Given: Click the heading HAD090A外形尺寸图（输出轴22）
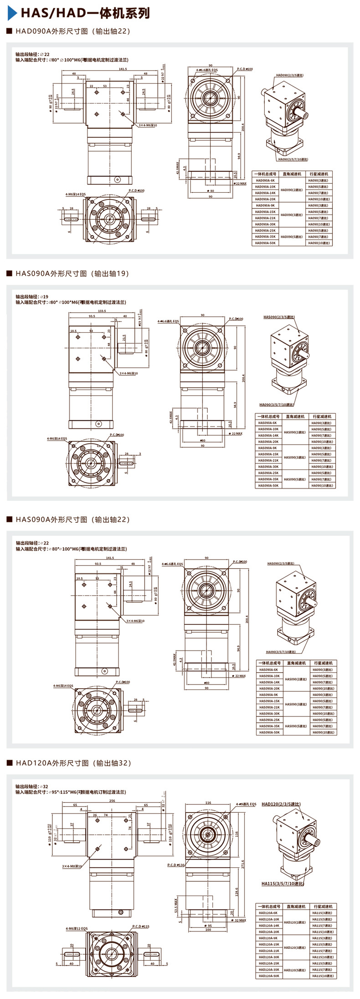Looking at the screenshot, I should point(72,31).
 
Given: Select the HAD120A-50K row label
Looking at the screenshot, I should point(268,976).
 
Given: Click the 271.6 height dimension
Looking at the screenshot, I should point(243,864).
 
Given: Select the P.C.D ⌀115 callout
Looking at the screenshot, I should point(141,926).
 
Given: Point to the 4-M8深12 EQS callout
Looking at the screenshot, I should point(76,928).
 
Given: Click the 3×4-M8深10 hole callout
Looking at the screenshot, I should point(72,866).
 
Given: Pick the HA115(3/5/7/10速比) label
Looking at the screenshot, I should point(282,884).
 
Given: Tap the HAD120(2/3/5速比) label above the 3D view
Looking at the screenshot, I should point(281,804).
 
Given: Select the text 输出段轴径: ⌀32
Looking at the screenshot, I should point(32,786).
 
